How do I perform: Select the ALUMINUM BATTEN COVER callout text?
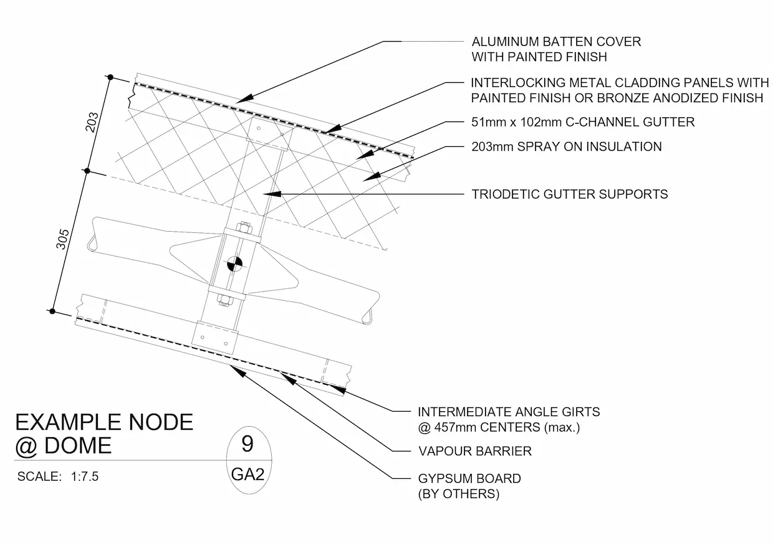tap(556, 49)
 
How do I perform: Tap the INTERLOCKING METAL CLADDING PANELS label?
tap(616, 90)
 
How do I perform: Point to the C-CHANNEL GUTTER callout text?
tap(582, 122)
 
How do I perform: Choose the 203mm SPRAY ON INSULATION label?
tap(566, 147)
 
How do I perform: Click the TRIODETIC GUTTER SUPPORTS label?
tap(569, 194)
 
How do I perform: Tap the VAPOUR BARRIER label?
tap(474, 451)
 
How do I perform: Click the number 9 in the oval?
tap(247, 445)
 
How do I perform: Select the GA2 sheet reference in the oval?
tap(247, 475)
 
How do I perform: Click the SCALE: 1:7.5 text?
tap(58, 477)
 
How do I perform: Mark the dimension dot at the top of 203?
tap(110, 77)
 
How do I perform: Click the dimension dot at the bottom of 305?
tap(54, 311)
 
